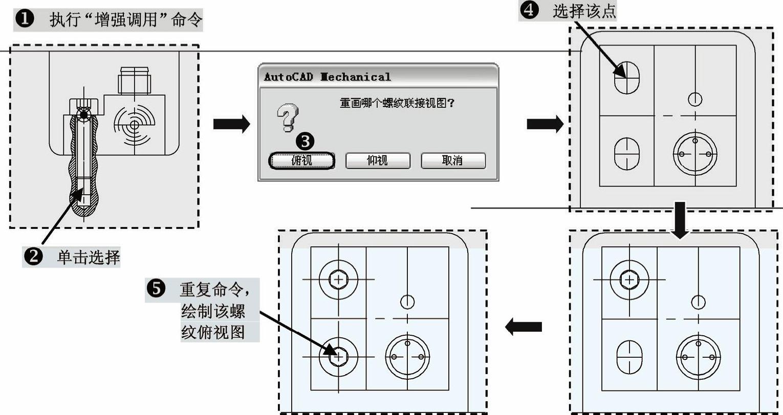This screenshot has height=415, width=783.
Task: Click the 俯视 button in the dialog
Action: (x=302, y=160)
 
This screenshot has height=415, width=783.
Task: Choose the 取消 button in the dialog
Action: (x=452, y=160)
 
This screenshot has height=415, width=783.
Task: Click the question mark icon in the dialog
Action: (x=288, y=117)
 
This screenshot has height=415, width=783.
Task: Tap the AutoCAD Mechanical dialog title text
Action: (x=327, y=77)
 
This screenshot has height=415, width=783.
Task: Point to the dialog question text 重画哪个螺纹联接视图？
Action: (x=397, y=103)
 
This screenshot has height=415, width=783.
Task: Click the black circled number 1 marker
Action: (x=25, y=19)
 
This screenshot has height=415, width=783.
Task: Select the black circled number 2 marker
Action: (x=34, y=256)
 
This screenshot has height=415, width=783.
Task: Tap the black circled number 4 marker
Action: (x=529, y=11)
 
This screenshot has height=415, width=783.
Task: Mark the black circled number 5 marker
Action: (x=156, y=289)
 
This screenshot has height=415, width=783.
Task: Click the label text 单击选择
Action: (x=88, y=257)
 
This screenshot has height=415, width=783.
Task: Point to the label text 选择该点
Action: (x=584, y=11)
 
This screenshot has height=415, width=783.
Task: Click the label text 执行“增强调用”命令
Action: (x=126, y=20)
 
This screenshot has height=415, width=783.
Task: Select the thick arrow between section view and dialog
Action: (x=231, y=124)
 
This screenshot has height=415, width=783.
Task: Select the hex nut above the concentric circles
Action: (x=134, y=80)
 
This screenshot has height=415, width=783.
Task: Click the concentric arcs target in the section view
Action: (x=135, y=125)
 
